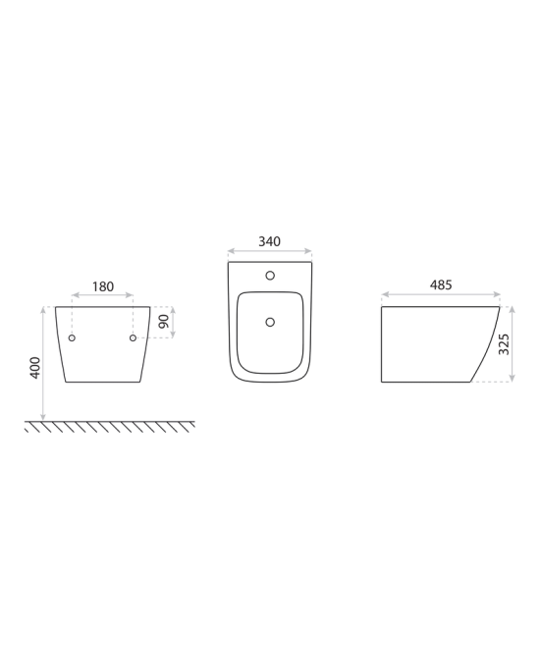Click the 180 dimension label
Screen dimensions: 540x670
(103, 286)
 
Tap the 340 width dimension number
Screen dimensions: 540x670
(269, 242)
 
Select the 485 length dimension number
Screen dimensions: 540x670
(441, 285)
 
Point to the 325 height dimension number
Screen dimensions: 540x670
(505, 344)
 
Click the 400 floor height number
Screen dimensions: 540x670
(35, 368)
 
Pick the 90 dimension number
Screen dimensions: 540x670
(164, 322)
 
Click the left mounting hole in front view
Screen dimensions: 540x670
(72, 338)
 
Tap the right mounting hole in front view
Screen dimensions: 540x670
(133, 338)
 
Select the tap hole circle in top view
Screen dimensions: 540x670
(270, 276)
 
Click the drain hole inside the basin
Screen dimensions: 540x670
(270, 322)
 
